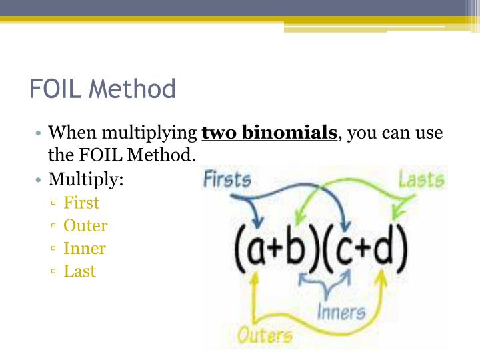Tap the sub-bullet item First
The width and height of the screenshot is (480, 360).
pos(81,203)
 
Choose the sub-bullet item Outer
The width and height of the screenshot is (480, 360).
pos(85,226)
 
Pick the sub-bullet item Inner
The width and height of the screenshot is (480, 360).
pos(84,249)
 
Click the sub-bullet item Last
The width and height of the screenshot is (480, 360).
pos(79,271)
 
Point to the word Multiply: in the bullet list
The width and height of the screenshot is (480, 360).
pos(86,180)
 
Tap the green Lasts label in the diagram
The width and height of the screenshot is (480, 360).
pos(421,179)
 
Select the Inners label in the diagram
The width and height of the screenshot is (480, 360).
pos(341,311)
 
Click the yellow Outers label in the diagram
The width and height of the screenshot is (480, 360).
pos(265,334)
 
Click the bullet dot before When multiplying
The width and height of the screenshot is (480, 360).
pos(40,133)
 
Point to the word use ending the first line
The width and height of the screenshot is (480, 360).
pos(429,133)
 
